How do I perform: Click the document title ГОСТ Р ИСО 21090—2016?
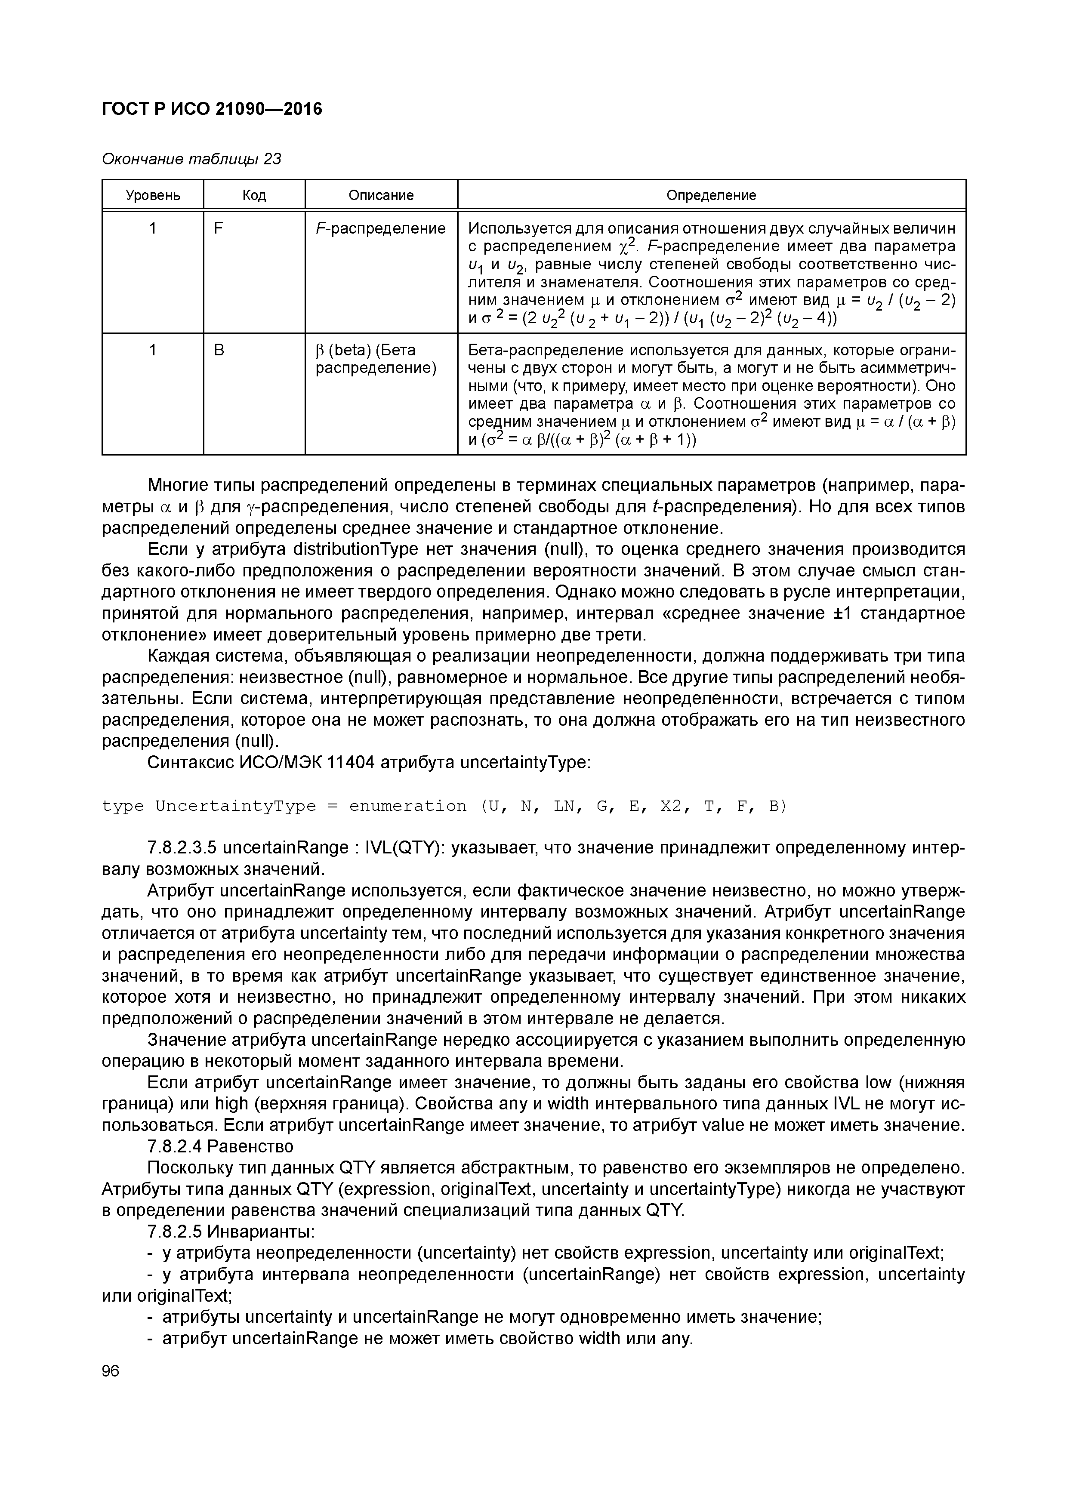pyautogui.click(x=212, y=108)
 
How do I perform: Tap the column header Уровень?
pyautogui.click(x=153, y=195)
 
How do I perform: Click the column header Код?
pyautogui.click(x=254, y=195)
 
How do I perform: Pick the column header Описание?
pyautogui.click(x=381, y=195)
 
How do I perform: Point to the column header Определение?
pyautogui.click(x=711, y=195)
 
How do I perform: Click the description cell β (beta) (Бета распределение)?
pyautogui.click(x=376, y=360)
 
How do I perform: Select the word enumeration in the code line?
pyautogui.click(x=407, y=807)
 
